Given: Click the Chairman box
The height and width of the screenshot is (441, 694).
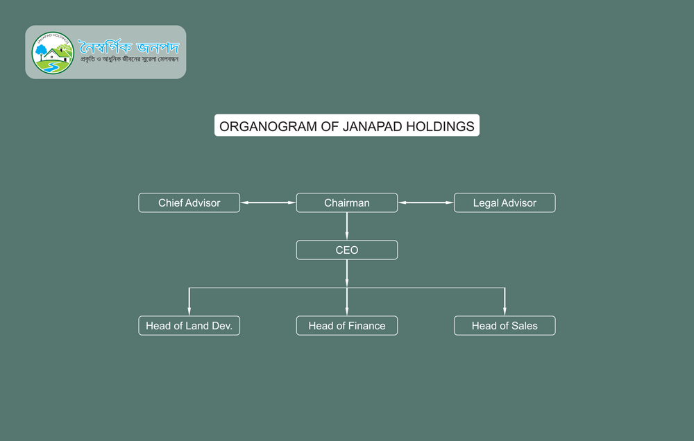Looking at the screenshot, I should point(347,202).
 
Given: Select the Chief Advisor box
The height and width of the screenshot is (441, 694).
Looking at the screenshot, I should point(189,202).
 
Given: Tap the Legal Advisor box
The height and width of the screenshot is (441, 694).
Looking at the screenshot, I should point(505,202).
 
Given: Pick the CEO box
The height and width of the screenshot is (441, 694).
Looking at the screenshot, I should point(347,250).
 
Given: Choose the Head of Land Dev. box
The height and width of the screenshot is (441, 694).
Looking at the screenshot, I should point(189,326).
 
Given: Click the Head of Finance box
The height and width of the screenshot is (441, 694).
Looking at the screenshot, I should point(347,326).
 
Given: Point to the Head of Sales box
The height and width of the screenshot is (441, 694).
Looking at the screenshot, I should point(505,326).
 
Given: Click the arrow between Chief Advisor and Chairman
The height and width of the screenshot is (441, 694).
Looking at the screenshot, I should point(268,202).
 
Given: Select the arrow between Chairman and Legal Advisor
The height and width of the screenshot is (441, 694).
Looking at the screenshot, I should point(425,202).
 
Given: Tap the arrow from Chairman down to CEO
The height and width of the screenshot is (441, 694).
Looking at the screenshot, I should point(347,226).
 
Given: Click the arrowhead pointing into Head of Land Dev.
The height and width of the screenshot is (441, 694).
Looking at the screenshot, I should point(189,311).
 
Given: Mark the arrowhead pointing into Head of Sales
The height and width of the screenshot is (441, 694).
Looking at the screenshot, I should point(505,311).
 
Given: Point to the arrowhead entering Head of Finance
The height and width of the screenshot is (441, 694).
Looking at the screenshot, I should point(347,311).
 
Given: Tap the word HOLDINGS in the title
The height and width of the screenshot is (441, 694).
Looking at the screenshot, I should point(442,126).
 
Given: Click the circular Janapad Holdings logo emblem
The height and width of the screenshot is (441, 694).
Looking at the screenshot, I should point(53,53).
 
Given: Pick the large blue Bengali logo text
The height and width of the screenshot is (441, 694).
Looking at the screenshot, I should point(128,47).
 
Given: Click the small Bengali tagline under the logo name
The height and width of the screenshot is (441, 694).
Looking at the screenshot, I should point(129,60).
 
